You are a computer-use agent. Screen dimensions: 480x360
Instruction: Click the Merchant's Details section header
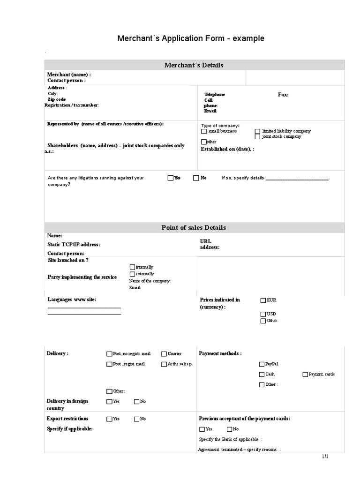point(194,65)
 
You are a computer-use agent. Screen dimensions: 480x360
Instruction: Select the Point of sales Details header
point(194,227)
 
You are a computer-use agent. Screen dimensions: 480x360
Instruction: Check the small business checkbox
point(204,131)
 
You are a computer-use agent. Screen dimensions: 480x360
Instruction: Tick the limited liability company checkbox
point(257,131)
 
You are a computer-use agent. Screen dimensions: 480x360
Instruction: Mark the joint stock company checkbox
point(257,136)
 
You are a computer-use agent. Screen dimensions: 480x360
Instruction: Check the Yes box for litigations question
point(171,178)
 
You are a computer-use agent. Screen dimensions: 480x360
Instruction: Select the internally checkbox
point(132,267)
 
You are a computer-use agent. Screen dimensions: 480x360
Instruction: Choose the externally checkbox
point(132,273)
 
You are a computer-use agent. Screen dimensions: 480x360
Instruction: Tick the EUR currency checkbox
point(263,300)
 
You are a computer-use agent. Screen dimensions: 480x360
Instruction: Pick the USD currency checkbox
point(263,314)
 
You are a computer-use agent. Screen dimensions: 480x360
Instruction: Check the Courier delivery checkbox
point(164,354)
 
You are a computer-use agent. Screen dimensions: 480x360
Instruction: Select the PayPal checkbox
point(262,364)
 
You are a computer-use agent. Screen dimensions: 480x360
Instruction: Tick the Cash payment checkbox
point(262,374)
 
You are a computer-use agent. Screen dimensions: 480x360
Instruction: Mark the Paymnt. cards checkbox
point(305,374)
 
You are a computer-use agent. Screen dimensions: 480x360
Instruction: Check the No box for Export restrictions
point(137,419)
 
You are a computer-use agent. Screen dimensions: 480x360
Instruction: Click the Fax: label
point(284,95)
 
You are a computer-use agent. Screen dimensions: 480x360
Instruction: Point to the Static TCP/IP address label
point(74,244)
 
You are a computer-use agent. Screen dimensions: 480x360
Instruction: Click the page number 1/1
point(325,457)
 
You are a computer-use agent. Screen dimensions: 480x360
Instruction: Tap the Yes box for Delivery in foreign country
point(109,401)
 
